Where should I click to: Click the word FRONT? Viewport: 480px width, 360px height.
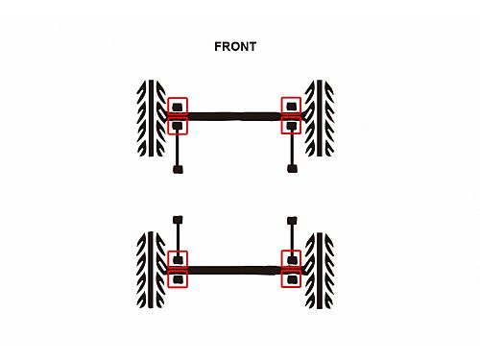235,47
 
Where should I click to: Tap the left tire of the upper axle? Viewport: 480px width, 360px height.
151,118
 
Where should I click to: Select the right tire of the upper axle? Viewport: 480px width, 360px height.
320,118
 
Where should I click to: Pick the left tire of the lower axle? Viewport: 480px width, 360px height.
151,270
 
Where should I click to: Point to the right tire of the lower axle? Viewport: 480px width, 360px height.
320,271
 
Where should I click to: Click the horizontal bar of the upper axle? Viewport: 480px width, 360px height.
234,116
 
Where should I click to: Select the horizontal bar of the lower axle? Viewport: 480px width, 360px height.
234,271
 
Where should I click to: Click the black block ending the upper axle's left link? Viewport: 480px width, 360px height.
178,169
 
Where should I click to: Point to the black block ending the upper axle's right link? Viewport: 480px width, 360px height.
292,169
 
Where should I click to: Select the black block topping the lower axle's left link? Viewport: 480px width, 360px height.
178,220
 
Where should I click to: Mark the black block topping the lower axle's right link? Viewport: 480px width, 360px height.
292,221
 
